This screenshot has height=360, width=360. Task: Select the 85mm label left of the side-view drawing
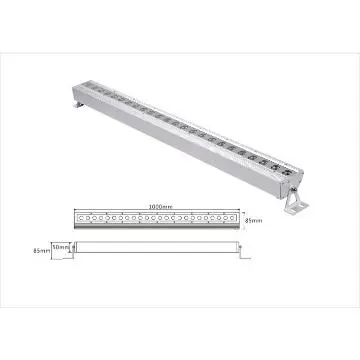(x=41, y=249)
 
